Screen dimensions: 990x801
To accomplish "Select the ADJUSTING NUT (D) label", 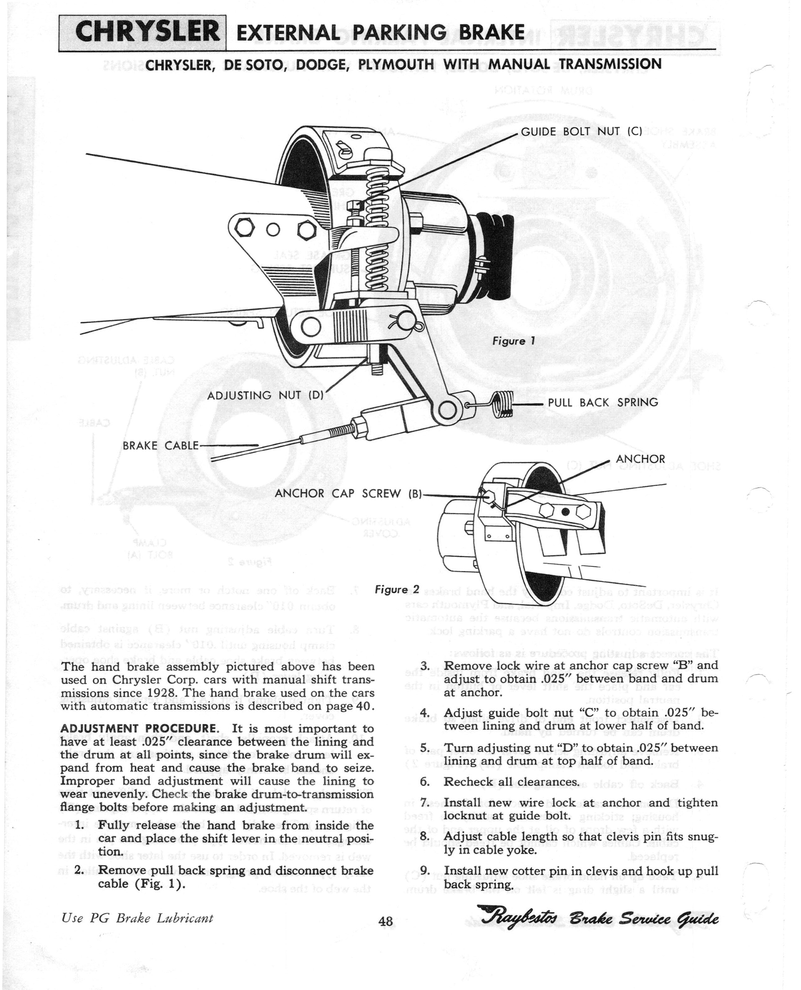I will (266, 396).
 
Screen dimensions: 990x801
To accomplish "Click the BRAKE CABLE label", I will (160, 446).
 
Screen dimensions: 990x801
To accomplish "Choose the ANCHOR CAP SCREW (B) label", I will (348, 493).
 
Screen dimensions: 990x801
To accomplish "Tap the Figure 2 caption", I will (397, 590).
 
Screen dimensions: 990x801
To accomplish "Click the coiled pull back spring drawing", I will (505, 403).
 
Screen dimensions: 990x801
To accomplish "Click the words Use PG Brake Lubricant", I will (137, 918).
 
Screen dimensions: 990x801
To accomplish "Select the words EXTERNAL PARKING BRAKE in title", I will (381, 33).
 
